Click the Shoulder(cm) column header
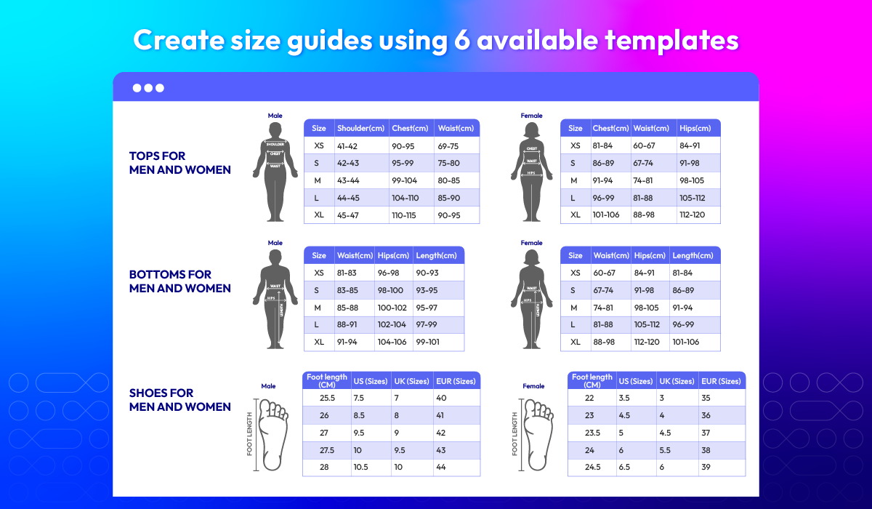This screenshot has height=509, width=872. click(x=360, y=128)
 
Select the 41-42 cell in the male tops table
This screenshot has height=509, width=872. click(x=347, y=146)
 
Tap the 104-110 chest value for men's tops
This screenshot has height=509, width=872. click(x=405, y=198)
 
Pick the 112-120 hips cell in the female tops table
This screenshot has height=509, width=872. click(x=692, y=215)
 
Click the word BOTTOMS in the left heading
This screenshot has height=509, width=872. click(x=158, y=275)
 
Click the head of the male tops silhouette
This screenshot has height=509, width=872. click(x=275, y=129)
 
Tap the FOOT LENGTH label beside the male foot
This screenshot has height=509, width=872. click(x=249, y=434)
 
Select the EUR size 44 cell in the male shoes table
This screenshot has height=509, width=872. click(x=440, y=467)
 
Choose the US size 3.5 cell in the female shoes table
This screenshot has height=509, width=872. click(x=624, y=398)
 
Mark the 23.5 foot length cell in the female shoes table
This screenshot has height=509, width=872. click(x=592, y=433)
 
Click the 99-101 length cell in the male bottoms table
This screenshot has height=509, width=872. click(x=427, y=342)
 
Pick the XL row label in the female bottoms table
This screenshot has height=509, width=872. click(x=575, y=342)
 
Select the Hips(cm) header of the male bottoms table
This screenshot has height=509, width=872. click(x=393, y=255)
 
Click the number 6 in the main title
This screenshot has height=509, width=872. click(x=462, y=40)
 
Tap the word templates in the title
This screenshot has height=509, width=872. click(x=671, y=40)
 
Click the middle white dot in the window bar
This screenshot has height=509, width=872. click(x=148, y=88)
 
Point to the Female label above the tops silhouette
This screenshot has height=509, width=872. click(x=531, y=116)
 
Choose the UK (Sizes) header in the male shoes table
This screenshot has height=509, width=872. click(x=411, y=381)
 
